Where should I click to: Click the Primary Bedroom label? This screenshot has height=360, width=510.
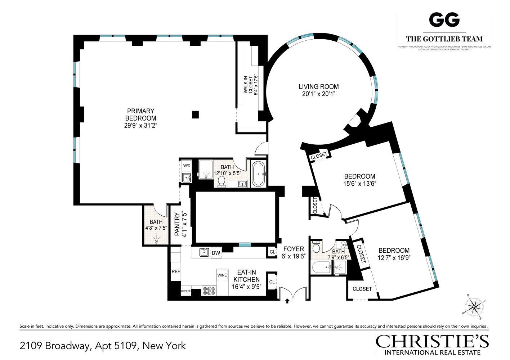[x=141, y=114]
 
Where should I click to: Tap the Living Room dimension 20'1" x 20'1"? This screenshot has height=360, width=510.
[x=318, y=94]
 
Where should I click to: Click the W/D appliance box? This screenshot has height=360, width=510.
[x=187, y=166]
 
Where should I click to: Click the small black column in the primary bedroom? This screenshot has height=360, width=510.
[x=195, y=114]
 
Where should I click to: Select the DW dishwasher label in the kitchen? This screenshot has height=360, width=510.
[x=216, y=253]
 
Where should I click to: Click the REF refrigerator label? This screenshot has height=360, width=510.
[x=175, y=271]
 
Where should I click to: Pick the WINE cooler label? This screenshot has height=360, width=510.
[x=222, y=275]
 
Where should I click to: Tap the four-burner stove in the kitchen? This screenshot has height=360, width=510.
[x=208, y=291]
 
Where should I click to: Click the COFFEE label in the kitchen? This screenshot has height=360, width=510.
[x=186, y=291]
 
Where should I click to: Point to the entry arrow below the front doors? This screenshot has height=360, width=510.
[x=287, y=301]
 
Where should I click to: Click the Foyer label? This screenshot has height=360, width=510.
[x=294, y=249]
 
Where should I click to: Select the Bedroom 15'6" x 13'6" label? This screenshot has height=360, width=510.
[x=359, y=176]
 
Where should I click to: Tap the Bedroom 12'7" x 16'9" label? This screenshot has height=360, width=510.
[x=394, y=251]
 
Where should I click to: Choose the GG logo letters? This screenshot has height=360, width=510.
[x=444, y=20]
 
